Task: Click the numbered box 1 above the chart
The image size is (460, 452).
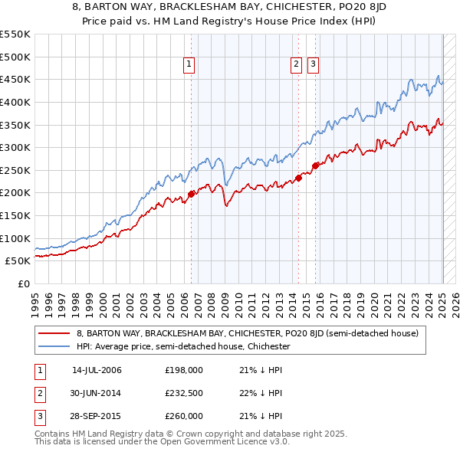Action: (189, 65)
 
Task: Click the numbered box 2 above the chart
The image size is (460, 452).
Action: (296, 65)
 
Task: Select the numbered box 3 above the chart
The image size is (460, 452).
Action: (314, 65)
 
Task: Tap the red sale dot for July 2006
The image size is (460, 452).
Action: (191, 194)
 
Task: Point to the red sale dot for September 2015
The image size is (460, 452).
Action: (315, 165)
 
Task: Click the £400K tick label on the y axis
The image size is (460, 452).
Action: (15, 102)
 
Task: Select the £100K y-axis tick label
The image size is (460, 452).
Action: (15, 238)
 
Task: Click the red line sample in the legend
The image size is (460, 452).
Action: (54, 334)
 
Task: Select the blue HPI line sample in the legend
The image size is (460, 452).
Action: (54, 346)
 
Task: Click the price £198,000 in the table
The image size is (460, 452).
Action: (183, 370)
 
